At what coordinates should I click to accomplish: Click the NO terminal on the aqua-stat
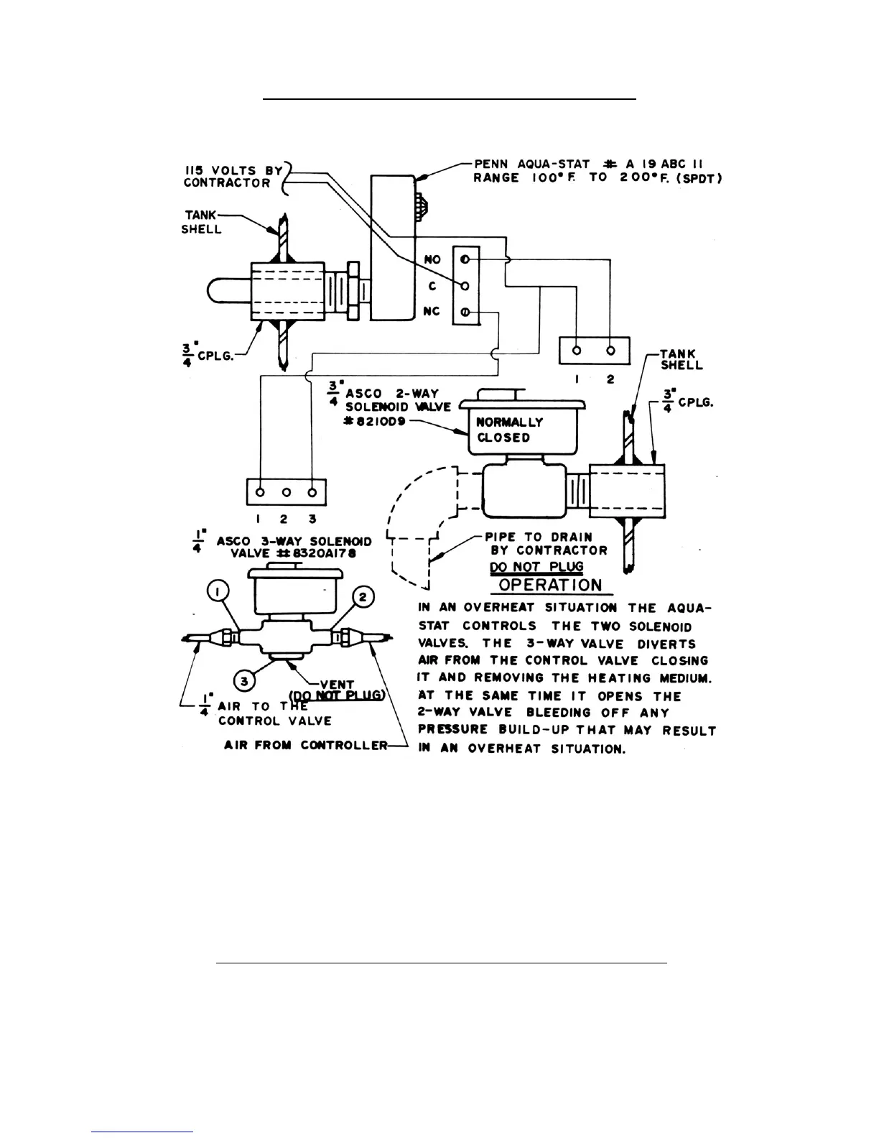click(x=465, y=259)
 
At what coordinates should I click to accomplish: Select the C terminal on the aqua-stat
click(x=465, y=286)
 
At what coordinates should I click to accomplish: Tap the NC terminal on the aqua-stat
click(x=465, y=313)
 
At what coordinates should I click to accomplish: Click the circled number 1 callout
click(x=219, y=591)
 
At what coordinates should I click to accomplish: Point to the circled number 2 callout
click(x=363, y=596)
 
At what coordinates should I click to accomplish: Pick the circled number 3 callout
click(x=245, y=680)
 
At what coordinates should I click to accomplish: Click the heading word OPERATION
click(x=550, y=584)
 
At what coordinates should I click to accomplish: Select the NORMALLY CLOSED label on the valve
click(x=510, y=430)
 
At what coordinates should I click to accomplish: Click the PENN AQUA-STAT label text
click(x=532, y=164)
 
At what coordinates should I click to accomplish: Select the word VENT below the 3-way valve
click(x=337, y=684)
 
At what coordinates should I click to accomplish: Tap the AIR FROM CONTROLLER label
click(x=305, y=745)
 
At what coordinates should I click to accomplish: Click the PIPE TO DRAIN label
click(x=539, y=537)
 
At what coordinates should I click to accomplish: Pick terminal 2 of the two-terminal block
click(x=611, y=351)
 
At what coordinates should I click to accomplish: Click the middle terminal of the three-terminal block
click(x=286, y=493)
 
